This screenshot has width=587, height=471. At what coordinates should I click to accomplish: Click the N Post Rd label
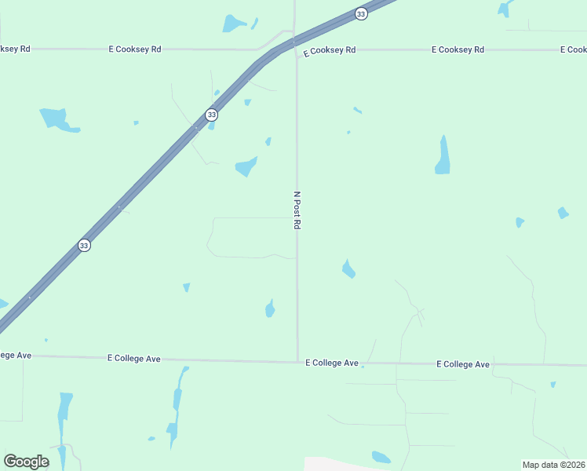(x=297, y=210)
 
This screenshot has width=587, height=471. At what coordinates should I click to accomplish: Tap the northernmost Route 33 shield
(x=360, y=13)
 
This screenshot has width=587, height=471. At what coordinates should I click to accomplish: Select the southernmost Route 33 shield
(x=84, y=246)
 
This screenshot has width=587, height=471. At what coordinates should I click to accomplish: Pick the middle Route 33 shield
(x=211, y=115)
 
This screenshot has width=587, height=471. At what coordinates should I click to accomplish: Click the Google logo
(x=26, y=462)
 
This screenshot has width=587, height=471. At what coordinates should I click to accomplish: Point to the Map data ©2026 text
(x=553, y=465)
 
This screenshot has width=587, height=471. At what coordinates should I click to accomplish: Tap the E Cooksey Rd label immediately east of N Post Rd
(x=330, y=50)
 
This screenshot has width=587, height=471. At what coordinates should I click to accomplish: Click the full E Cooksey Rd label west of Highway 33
(x=135, y=49)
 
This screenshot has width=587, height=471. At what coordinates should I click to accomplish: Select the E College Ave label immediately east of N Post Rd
(x=332, y=363)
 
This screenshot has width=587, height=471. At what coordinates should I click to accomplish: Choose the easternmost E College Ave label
(x=463, y=364)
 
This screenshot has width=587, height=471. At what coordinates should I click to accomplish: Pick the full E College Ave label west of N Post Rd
(x=134, y=358)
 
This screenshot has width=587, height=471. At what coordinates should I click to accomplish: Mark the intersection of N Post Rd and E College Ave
(x=297, y=361)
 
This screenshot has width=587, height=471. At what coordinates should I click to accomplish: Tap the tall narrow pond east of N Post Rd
(x=443, y=155)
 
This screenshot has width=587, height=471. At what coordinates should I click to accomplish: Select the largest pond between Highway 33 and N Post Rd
(x=246, y=166)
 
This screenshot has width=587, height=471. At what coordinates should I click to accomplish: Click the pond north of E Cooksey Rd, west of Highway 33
(x=234, y=24)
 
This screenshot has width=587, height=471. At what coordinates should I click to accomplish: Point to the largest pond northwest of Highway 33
(x=57, y=119)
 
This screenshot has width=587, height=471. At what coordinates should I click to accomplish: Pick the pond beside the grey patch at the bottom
(x=381, y=457)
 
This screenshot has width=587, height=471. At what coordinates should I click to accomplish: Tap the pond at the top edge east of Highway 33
(x=504, y=8)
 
